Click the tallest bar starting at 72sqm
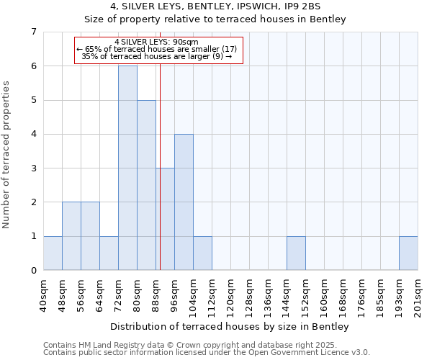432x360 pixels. point(127,168)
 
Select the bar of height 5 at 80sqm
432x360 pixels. point(146,185)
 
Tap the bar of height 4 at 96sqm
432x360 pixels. point(184,202)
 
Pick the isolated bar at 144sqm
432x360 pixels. point(296,253)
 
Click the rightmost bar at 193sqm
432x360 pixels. point(408,253)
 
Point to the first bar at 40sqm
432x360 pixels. point(53,253)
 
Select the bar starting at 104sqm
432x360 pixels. point(202,253)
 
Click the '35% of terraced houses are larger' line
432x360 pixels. point(157,55)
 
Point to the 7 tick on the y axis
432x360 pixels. point(33,32)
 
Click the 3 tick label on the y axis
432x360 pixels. point(33,168)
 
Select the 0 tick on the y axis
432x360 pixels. point(33,270)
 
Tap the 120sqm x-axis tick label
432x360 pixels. point(231,295)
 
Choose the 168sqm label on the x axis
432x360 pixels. point(343,295)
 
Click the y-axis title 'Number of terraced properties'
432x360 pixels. point(7,155)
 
